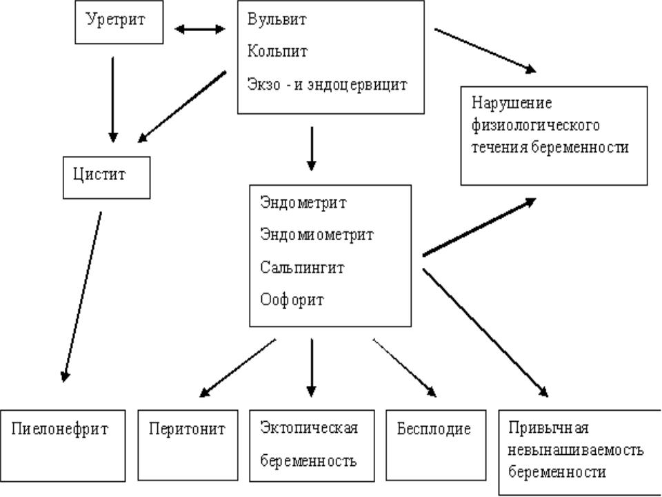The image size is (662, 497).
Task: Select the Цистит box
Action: (106, 176)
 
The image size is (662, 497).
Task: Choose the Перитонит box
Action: (187, 445)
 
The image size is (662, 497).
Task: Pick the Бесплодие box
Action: (434, 445)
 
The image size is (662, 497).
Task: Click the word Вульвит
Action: (276, 19)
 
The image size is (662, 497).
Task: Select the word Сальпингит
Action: (302, 267)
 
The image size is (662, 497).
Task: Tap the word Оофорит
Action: (292, 300)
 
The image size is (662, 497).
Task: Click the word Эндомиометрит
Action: (317, 235)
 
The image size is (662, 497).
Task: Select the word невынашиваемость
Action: (576, 450)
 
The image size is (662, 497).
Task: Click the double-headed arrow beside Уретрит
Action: (199, 29)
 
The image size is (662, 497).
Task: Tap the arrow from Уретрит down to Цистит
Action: (113, 99)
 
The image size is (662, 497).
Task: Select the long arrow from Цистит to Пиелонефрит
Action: (82, 297)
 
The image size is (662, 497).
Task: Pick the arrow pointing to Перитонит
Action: (237, 368)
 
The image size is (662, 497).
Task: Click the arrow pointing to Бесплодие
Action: (405, 368)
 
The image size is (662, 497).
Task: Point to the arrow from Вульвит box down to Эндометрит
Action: (312, 148)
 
